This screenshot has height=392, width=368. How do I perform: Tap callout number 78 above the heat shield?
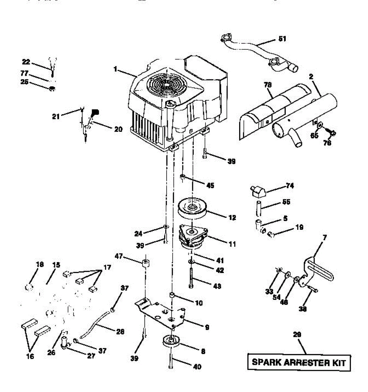point(268,85)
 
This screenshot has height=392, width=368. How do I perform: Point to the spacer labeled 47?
point(146,263)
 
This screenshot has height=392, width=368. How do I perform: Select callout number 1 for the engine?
point(115,69)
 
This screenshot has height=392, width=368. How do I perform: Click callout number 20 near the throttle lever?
point(118,129)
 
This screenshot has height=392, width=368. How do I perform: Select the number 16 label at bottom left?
point(30,356)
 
